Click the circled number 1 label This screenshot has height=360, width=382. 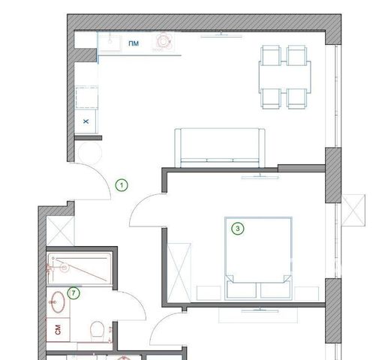pyautogui.click(x=122, y=185)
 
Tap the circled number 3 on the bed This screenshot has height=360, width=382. pyautogui.click(x=238, y=228)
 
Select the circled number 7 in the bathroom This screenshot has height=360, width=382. pyautogui.click(x=74, y=293)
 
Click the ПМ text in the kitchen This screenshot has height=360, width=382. pyautogui.click(x=134, y=43)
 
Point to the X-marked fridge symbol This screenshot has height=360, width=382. pyautogui.click(x=86, y=121)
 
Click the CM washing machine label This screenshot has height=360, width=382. pyautogui.click(x=58, y=329)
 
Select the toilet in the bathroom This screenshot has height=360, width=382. pyautogui.click(x=97, y=331)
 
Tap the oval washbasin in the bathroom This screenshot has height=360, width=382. pyautogui.click(x=58, y=302)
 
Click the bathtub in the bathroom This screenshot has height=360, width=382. pyautogui.click(x=80, y=268)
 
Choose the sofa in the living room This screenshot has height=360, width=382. pyautogui.click(x=220, y=148)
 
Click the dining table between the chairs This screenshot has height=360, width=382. pyautogui.click(x=285, y=77)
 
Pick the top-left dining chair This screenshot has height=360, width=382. pyautogui.click(x=270, y=55)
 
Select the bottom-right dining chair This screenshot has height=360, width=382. pyautogui.click(x=297, y=98)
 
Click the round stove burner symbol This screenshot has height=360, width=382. pyautogui.click(x=164, y=41)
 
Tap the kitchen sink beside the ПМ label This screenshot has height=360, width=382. pyautogui.click(x=110, y=42)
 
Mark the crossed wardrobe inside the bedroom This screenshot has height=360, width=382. pyautogui.click(x=179, y=272)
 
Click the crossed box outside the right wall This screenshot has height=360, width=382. pyautogui.click(x=353, y=210)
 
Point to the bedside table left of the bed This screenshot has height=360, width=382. pyautogui.click(x=209, y=293)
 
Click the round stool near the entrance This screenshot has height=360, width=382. pyautogui.click(x=89, y=153)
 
